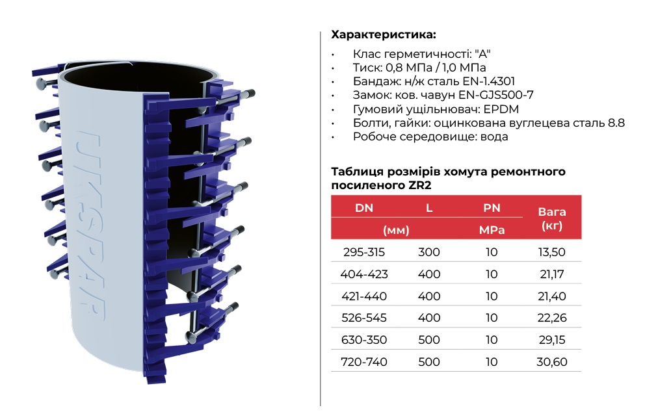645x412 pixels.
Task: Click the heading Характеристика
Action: (x=384, y=34)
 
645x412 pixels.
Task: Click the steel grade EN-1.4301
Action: (x=489, y=81)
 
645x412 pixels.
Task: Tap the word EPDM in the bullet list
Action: (x=501, y=109)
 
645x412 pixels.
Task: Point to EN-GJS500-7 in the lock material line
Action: (x=496, y=96)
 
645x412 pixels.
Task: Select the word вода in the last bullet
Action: (x=494, y=136)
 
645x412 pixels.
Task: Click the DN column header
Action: (x=364, y=208)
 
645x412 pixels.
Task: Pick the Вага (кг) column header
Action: (x=551, y=219)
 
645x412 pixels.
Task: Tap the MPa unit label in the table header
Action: (x=492, y=230)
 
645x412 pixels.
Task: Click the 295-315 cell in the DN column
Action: (x=364, y=252)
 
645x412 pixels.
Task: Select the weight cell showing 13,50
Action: (x=551, y=252)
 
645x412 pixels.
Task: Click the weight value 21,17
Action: (x=551, y=274)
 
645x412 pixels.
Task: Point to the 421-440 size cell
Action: (x=364, y=296)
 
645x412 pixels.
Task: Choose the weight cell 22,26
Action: (x=551, y=318)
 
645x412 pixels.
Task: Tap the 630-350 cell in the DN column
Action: (x=364, y=340)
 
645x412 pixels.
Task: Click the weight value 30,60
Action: (x=551, y=362)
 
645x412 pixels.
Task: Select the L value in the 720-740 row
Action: (x=429, y=362)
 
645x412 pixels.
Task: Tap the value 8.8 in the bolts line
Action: (x=616, y=123)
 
